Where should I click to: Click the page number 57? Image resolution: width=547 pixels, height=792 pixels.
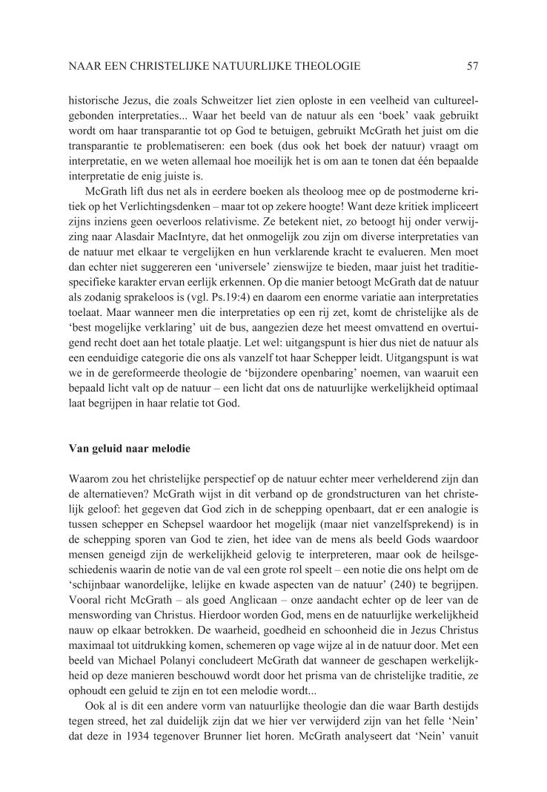[473, 67]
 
